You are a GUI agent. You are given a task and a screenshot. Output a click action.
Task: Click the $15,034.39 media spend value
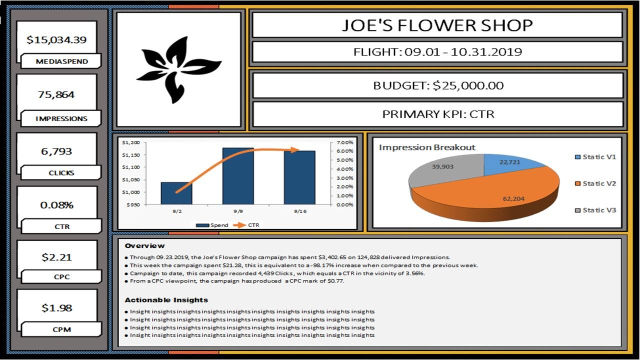(56, 39)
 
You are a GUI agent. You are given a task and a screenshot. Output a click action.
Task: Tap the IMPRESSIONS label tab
(61, 119)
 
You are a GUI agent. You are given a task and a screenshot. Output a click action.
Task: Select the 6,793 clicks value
(56, 151)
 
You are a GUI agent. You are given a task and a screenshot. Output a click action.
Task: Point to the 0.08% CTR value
(56, 205)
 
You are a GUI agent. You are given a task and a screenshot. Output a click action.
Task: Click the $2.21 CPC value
(56, 257)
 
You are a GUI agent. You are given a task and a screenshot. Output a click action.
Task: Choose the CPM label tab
(61, 330)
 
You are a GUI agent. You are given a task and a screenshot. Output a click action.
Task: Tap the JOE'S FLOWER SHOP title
(437, 25)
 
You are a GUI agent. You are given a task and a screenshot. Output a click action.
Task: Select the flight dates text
(437, 52)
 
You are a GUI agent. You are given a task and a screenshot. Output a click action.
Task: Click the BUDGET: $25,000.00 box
(437, 85)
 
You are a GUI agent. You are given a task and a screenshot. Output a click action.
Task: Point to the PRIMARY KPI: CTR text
(437, 114)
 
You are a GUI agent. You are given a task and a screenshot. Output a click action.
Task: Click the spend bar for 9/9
(238, 176)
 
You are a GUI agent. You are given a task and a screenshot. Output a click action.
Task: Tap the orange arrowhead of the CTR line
(295, 150)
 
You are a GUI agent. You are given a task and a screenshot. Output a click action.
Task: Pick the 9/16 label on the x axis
(300, 211)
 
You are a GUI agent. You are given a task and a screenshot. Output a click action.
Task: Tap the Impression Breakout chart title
(427, 147)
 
